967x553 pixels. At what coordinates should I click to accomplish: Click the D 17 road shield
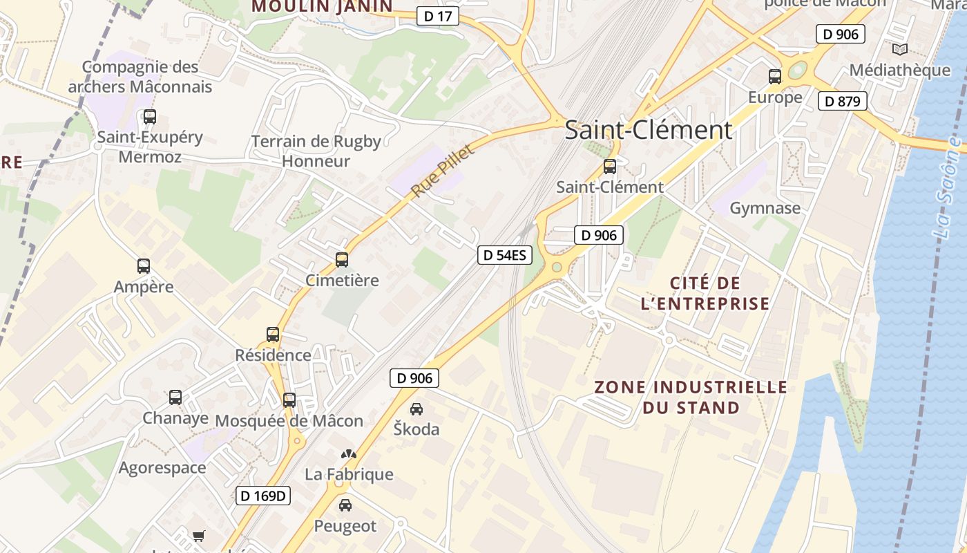438,16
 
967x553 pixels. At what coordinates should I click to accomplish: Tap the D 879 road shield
842,102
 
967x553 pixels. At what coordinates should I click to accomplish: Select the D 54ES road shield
505,255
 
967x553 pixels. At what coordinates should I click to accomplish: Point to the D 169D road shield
263,496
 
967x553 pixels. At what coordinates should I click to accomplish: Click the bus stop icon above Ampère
144,266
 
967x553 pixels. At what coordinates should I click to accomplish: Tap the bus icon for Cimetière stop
342,260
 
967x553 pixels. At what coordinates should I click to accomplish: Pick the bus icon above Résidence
273,335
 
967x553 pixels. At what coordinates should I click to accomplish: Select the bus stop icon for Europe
775,77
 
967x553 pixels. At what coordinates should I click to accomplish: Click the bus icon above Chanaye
175,397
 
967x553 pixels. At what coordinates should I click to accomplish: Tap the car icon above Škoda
417,409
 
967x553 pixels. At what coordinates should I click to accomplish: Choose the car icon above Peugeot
345,505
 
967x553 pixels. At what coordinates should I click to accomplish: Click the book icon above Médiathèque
899,49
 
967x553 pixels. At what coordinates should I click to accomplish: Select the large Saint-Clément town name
649,130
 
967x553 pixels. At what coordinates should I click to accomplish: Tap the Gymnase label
765,208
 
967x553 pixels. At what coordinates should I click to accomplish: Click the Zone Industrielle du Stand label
691,397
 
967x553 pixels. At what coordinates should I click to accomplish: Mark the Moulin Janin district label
322,7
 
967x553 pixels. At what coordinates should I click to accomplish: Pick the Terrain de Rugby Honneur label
316,151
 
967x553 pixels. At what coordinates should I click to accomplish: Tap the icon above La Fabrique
349,454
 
